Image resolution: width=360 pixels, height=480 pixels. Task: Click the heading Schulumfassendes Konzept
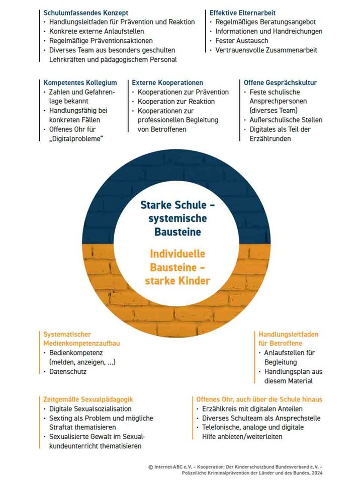(x=85, y=13)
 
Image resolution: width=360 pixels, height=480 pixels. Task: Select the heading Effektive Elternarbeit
(x=242, y=13)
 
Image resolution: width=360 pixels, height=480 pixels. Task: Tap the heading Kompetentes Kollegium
(x=80, y=83)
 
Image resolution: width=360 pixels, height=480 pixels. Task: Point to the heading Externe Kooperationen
(x=167, y=83)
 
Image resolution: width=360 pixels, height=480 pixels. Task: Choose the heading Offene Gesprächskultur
(x=280, y=83)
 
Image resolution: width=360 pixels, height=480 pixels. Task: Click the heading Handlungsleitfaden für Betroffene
(x=288, y=339)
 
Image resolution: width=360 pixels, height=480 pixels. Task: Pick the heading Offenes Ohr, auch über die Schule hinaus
(x=259, y=399)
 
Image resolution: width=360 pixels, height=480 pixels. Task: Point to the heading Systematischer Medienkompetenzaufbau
(x=81, y=339)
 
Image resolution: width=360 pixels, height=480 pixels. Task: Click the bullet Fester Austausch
(x=242, y=41)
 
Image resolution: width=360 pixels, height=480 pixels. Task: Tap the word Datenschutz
(x=68, y=371)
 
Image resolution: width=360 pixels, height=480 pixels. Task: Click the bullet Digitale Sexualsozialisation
(x=90, y=409)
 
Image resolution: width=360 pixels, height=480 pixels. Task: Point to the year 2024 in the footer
(x=316, y=473)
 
